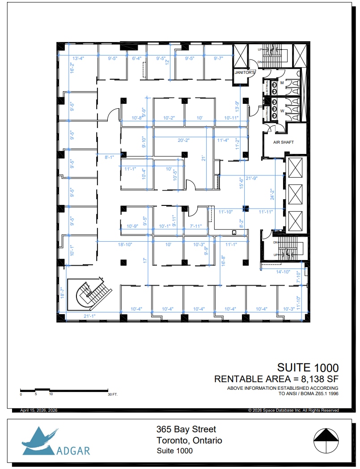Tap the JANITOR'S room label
245,72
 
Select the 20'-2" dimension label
183,140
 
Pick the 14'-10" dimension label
284,272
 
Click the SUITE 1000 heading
308,368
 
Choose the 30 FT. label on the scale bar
112,395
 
